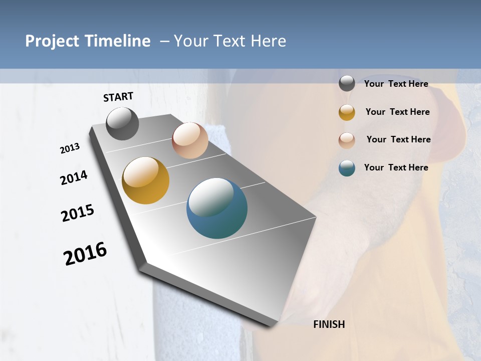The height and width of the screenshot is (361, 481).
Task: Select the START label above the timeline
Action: tap(118, 97)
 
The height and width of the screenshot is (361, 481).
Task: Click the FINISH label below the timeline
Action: tap(329, 324)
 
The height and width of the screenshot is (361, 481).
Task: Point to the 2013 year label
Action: tap(70, 148)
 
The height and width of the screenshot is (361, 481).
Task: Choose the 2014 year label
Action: tap(74, 177)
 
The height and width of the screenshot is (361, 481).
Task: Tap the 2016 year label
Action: tap(85, 254)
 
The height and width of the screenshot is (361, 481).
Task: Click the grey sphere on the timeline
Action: tap(122, 124)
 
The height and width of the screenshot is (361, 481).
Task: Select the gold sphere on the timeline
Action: tap(146, 180)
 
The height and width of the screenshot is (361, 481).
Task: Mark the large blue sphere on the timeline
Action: tap(217, 208)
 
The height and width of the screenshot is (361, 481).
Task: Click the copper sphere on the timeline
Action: tap(190, 140)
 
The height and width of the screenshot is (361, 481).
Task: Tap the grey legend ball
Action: tap(347, 84)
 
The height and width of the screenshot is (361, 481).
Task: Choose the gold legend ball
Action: tap(347, 112)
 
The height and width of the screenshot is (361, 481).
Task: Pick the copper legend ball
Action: tap(347, 140)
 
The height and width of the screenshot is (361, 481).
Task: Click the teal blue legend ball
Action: tap(347, 168)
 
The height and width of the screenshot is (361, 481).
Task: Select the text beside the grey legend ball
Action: tap(396, 84)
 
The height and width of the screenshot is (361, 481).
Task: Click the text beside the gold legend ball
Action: tap(397, 112)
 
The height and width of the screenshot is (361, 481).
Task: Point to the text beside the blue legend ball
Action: tap(396, 167)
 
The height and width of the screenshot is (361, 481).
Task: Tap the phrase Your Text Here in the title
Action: tap(230, 41)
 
